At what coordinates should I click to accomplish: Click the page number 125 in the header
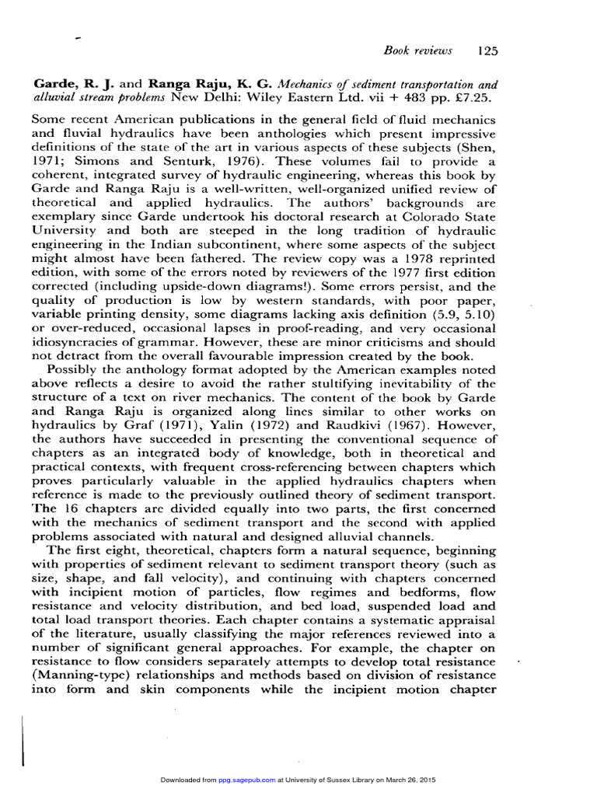point(487,51)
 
